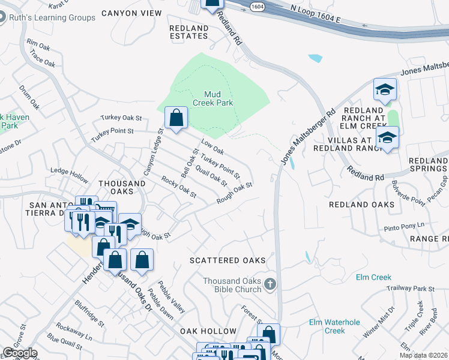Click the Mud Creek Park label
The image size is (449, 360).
point(212,98)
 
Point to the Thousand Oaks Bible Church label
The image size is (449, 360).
point(232,285)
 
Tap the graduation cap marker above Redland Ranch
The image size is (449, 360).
point(385,91)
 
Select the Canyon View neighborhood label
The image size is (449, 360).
point(131,13)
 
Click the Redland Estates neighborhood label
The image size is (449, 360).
point(188,32)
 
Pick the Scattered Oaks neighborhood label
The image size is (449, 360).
point(228,260)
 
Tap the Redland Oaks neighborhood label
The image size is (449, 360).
point(362,205)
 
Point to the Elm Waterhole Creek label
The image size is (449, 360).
point(334,326)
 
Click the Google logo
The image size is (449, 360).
point(20,353)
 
